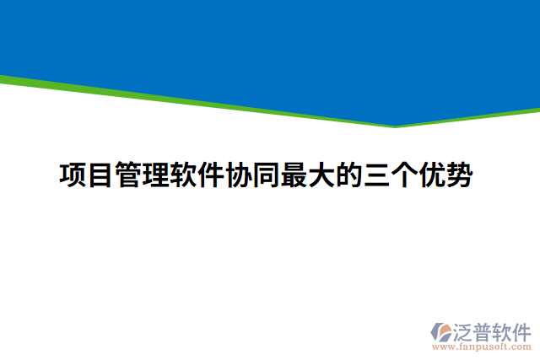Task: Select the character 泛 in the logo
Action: [466, 329]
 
